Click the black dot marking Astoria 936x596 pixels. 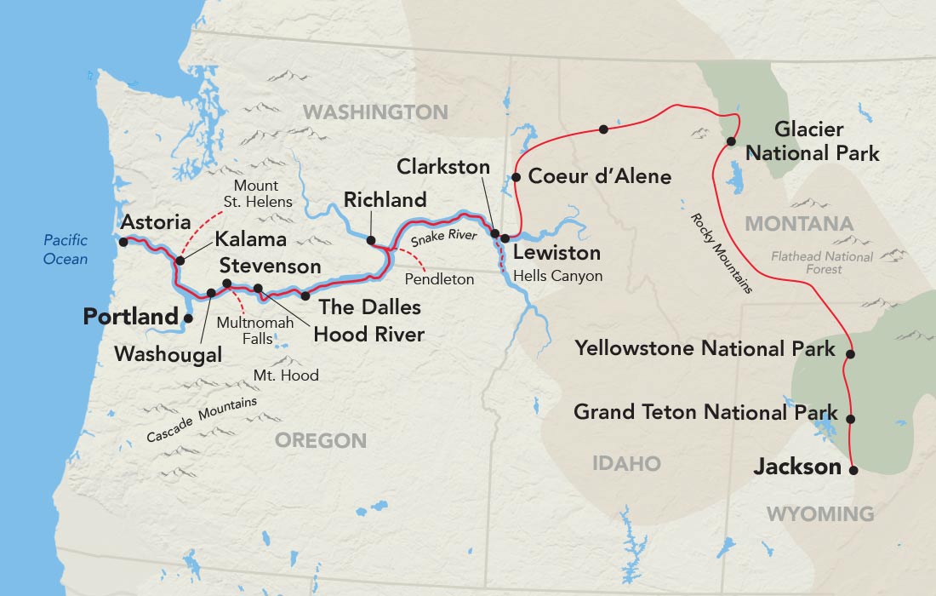(x=123, y=242)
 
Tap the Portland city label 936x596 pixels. (x=129, y=317)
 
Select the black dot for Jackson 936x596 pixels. (x=853, y=469)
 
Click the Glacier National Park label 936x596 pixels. (x=809, y=141)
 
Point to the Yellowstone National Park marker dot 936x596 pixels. (x=850, y=353)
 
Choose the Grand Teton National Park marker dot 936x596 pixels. (x=850, y=419)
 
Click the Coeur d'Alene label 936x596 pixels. (x=600, y=177)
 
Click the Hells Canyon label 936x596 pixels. (x=557, y=276)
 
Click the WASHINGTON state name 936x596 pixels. (x=375, y=112)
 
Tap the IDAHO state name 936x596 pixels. (x=627, y=463)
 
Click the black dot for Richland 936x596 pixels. (x=371, y=241)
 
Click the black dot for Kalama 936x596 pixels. (x=180, y=261)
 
